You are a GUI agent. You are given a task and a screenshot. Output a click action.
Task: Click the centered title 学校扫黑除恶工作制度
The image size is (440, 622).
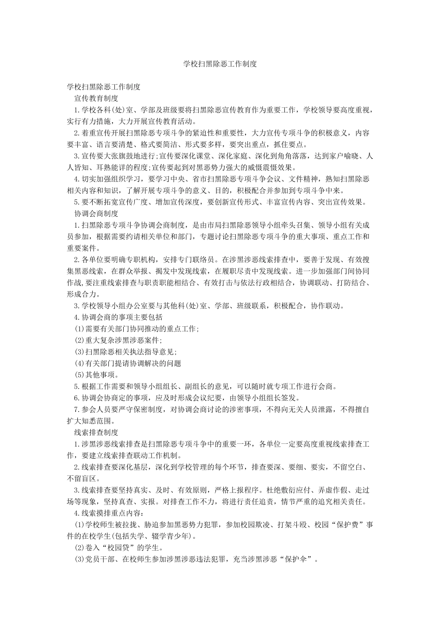[220, 64]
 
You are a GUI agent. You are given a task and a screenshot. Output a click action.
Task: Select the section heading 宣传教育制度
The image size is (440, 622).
[96, 98]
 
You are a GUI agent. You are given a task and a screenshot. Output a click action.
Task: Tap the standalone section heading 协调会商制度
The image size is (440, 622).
[96, 213]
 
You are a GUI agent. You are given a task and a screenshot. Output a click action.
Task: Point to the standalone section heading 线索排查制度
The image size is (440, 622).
[96, 433]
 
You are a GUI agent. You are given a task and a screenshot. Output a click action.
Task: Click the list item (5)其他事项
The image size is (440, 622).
[90, 375]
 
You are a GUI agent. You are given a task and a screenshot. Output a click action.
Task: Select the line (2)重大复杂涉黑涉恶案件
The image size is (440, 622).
[118, 340]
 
